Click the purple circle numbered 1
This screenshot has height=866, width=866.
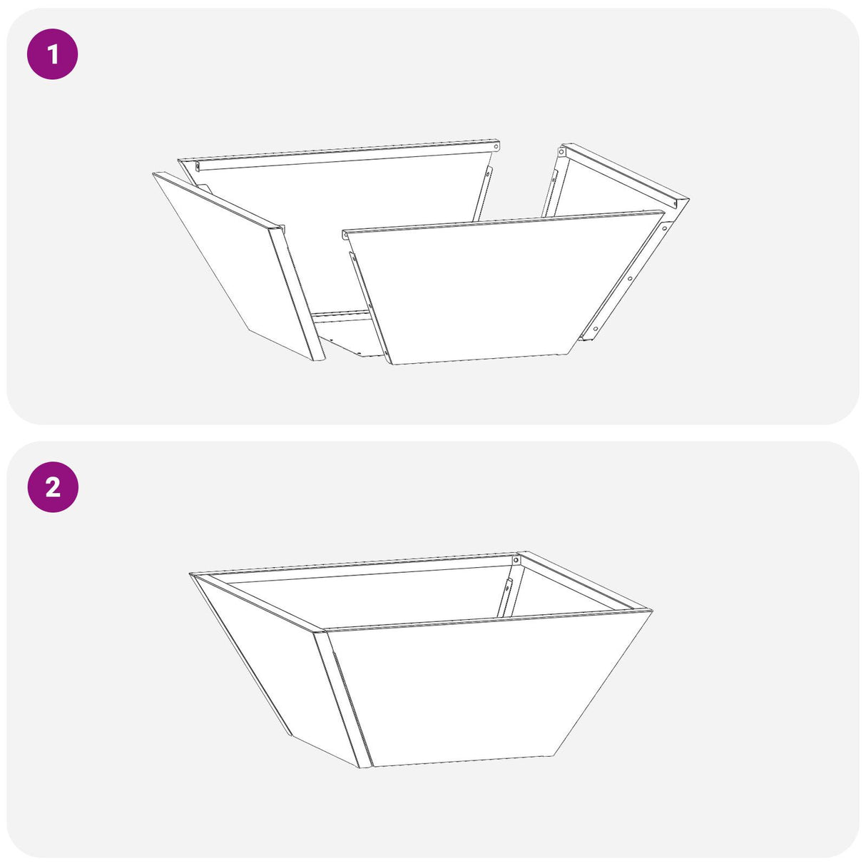pyautogui.click(x=52, y=54)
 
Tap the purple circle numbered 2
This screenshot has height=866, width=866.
pyautogui.click(x=52, y=487)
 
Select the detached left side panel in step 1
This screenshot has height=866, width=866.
pyautogui.click(x=228, y=264)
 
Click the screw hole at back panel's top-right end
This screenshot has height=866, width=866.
pyautogui.click(x=495, y=146)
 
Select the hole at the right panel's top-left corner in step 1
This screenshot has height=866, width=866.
pyautogui.click(x=562, y=152)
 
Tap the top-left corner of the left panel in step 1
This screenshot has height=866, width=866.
pyautogui.click(x=155, y=173)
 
